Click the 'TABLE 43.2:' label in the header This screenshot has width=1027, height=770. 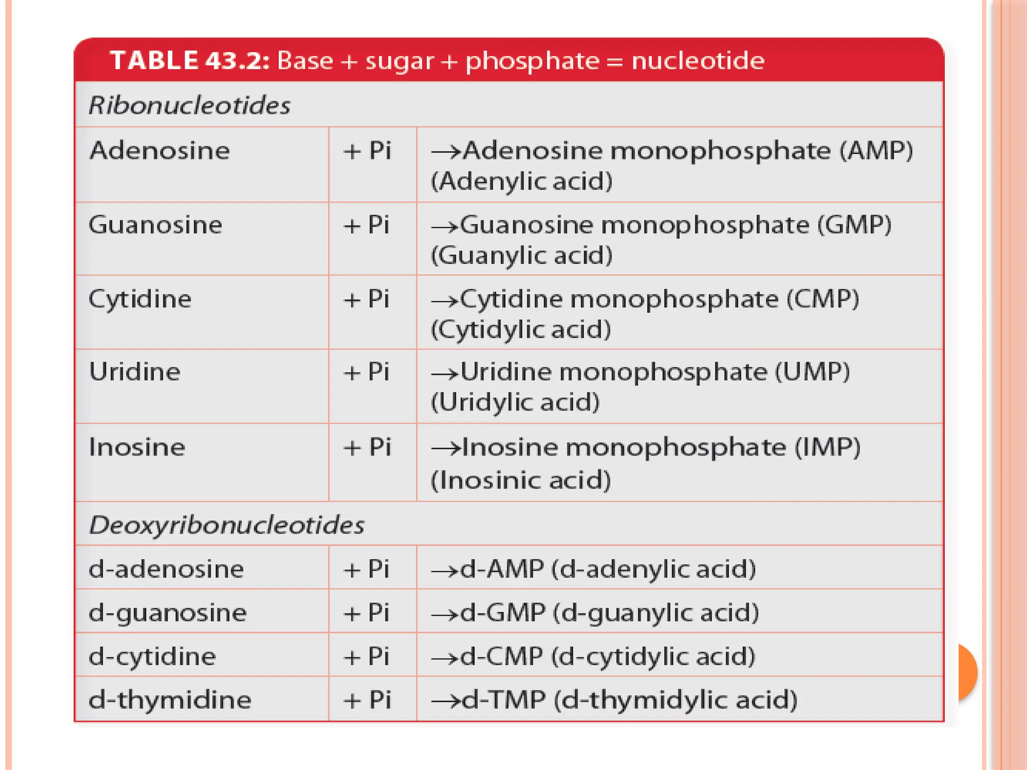click(190, 61)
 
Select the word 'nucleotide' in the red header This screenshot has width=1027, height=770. click(698, 61)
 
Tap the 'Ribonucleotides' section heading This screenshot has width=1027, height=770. click(190, 105)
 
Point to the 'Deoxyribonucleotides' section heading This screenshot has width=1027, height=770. click(227, 525)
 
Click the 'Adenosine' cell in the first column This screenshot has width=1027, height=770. click(159, 150)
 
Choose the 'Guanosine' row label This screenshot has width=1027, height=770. click(155, 225)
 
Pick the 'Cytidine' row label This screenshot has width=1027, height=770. click(140, 299)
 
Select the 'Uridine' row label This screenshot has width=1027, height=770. click(134, 372)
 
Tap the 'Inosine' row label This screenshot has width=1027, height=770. click(137, 447)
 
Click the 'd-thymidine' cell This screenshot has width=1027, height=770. click(169, 699)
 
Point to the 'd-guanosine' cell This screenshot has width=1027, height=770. click(167, 613)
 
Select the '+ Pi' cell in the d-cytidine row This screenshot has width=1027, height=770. click(367, 656)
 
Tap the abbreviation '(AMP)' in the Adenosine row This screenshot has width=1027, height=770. click(876, 150)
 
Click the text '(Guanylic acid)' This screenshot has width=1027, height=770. click(522, 256)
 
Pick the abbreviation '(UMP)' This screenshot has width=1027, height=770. click(812, 372)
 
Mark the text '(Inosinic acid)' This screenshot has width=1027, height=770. click(521, 480)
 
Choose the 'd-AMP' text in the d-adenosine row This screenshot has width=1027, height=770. click(502, 569)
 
